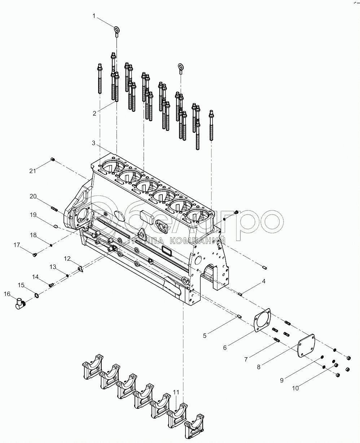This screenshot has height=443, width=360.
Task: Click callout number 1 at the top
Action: pos(94,16)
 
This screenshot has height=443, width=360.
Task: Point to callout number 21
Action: pos(33,171)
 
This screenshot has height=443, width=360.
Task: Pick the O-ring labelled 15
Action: pos(37,296)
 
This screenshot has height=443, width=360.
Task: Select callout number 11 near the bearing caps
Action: pos(176,392)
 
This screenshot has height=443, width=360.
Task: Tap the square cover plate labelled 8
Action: pos(306,345)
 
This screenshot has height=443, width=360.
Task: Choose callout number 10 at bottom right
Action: pos(295,388)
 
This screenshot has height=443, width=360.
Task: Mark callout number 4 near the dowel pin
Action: pos(264,281)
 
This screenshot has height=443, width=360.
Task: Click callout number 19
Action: pos(33,215)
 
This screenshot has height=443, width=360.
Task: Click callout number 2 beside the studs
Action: pos(95,113)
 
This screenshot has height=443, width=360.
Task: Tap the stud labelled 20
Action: pos(54,208)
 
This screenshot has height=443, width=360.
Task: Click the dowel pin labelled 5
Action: pos(239,317)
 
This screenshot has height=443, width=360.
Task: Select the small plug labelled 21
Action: pos(53,160)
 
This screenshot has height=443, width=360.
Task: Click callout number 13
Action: pos(53,267)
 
